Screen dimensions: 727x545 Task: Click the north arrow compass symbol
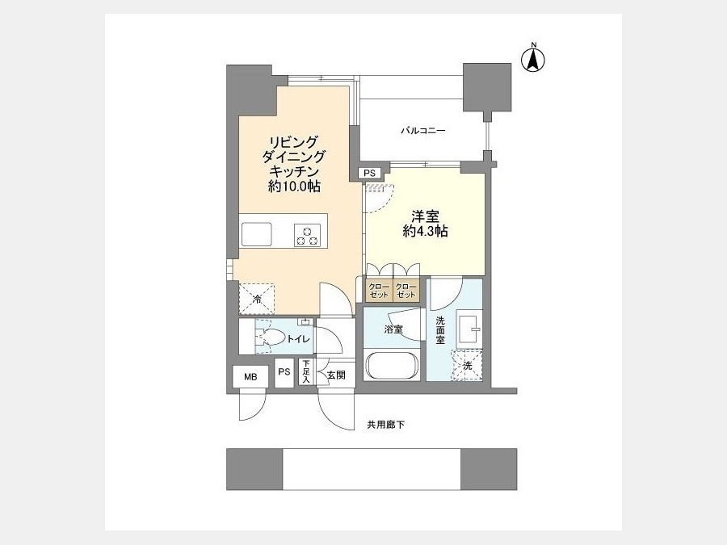point(533,58)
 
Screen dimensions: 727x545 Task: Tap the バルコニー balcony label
point(422,131)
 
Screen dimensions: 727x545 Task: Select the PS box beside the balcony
point(369,173)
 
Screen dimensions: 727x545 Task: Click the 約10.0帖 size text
point(294,187)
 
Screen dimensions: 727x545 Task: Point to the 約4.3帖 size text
point(425,231)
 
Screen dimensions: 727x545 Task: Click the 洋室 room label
point(425,216)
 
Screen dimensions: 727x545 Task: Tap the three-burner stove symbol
point(308,235)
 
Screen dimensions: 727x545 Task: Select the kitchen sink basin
point(256,234)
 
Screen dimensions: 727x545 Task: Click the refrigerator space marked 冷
point(256,300)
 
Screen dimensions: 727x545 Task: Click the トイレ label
point(298,339)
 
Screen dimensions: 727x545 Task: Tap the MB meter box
point(250,377)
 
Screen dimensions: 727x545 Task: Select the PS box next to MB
point(284,372)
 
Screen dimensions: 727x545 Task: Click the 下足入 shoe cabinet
point(306,372)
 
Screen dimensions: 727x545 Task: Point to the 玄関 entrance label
point(336,375)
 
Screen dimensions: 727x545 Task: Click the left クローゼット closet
point(379,290)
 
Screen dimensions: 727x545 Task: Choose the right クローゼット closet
point(406,290)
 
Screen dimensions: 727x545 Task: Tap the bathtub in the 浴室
point(393,366)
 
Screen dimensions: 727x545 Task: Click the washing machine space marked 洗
point(467,366)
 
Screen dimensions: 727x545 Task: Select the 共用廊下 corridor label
point(386,425)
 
